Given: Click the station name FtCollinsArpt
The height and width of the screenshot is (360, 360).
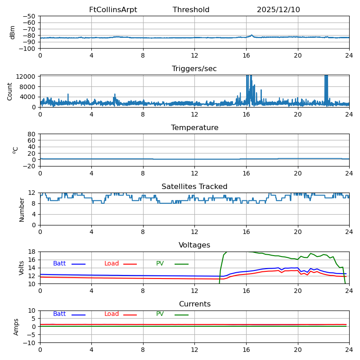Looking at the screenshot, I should [113, 10].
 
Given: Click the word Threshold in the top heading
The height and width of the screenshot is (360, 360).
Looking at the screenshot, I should [191, 10].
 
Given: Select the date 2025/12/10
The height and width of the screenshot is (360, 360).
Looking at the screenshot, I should [278, 10].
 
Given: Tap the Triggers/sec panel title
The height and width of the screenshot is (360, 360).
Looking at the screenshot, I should [194, 69].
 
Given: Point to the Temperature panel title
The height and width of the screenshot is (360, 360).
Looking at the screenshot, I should [194, 128].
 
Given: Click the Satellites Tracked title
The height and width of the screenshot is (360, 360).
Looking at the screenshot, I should [194, 187].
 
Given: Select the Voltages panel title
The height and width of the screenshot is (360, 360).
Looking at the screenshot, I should [194, 245].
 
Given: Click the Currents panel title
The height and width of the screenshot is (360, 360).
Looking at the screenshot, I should [194, 304].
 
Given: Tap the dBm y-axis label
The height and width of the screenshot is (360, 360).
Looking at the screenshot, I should [13, 32].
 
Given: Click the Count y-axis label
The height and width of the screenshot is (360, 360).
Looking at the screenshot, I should [10, 91].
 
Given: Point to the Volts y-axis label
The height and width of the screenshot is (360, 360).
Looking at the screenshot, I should [22, 268].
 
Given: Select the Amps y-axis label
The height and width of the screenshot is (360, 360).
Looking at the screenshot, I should [16, 327].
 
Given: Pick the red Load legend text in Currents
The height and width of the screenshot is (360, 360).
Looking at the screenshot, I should [112, 314].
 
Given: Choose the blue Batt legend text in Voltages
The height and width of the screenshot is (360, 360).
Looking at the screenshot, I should [59, 264].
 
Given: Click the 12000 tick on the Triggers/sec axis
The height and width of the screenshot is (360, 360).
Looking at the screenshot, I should [27, 77].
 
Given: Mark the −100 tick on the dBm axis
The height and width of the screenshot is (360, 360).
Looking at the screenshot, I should [27, 49].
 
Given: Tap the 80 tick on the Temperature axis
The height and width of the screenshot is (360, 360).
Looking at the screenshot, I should [31, 134].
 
